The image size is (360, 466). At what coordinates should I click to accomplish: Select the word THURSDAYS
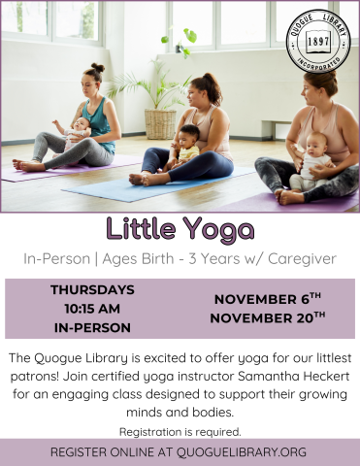[x=92, y=289]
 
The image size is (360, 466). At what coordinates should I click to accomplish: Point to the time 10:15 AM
[x=92, y=308]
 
